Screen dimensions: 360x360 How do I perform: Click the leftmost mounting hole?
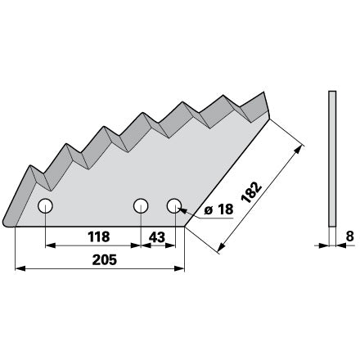pyautogui.click(x=45, y=206)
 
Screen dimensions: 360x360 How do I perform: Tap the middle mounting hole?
pyautogui.click(x=141, y=205)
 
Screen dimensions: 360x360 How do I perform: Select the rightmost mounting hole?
pyautogui.click(x=174, y=205)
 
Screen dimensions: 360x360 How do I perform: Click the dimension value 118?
pyautogui.click(x=99, y=236)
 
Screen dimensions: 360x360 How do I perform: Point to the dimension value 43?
pyautogui.click(x=157, y=237)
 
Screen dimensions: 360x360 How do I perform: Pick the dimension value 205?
pyautogui.click(x=105, y=260)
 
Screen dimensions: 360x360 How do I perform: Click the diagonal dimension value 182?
pyautogui.click(x=251, y=192)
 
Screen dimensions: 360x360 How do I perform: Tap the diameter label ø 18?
pyautogui.click(x=218, y=209)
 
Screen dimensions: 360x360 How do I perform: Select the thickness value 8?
pyautogui.click(x=350, y=236)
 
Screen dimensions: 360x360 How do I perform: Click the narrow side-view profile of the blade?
pyautogui.click(x=332, y=159)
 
